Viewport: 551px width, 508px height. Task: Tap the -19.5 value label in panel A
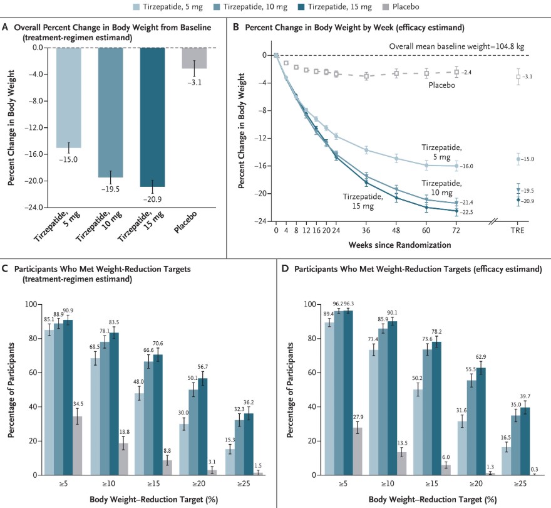111,188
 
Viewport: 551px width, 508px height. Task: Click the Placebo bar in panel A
194,58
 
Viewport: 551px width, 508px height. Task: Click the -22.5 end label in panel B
468,212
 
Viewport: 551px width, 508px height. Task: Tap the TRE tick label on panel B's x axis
517,231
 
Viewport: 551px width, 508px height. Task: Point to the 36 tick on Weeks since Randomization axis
366,231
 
